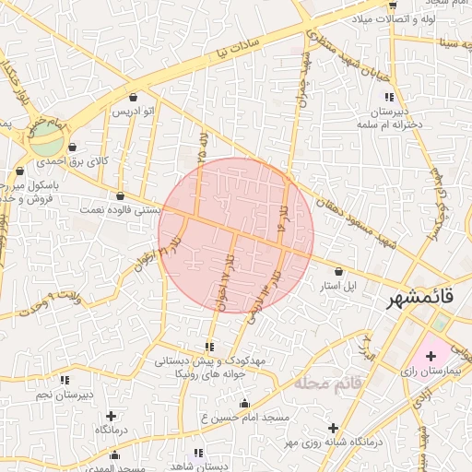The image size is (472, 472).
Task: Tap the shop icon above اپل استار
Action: pos(340,272)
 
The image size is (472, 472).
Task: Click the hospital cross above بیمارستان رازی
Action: pos(431,355)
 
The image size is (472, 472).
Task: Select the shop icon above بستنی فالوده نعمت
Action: pos(121,195)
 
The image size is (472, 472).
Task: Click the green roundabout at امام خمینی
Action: pos(46,141)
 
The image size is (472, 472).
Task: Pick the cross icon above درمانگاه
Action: pos(112,416)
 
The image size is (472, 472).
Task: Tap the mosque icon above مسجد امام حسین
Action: pos(244,403)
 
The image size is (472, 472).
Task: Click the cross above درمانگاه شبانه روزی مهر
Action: pos(333,428)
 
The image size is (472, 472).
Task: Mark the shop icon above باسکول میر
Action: pos(20,171)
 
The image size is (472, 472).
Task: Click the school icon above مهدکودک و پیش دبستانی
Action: pos(209,347)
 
